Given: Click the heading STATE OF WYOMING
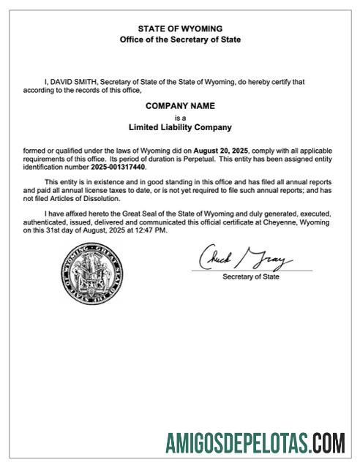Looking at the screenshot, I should pyautogui.click(x=180, y=29).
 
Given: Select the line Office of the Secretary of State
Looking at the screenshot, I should pyautogui.click(x=180, y=39).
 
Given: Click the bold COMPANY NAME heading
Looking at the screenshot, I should pyautogui.click(x=180, y=106).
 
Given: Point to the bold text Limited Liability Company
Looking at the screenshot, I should pyautogui.click(x=180, y=127).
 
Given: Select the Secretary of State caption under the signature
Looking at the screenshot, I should pyautogui.click(x=250, y=277).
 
